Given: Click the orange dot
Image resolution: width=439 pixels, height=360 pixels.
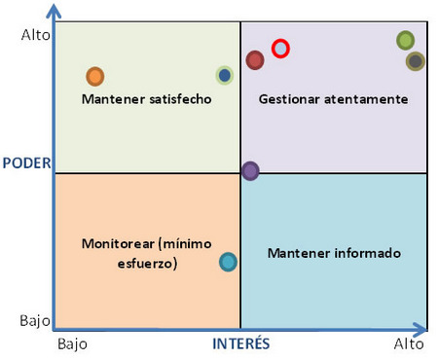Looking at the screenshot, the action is pyautogui.click(x=94, y=76).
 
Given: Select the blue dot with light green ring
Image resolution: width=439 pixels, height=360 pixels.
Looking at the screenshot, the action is pyautogui.click(x=225, y=75).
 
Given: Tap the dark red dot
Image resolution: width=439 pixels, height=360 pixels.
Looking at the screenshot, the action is pyautogui.click(x=255, y=60).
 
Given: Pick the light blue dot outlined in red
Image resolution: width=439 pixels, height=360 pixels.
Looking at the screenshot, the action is pyautogui.click(x=280, y=48).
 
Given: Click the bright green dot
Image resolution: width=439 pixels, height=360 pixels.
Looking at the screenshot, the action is pyautogui.click(x=406, y=40).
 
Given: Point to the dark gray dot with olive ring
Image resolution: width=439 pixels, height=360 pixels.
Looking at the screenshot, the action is pyautogui.click(x=416, y=61).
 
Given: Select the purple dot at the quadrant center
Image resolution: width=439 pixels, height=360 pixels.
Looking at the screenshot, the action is pyautogui.click(x=250, y=171).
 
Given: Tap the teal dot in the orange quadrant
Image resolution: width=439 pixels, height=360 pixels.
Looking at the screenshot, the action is pyautogui.click(x=228, y=261).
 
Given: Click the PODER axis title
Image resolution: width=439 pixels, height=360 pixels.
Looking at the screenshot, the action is pyautogui.click(x=24, y=162).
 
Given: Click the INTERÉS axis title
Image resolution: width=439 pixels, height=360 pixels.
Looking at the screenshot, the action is pyautogui.click(x=241, y=344).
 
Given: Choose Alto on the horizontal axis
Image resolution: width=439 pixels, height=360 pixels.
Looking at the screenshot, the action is pyautogui.click(x=409, y=344).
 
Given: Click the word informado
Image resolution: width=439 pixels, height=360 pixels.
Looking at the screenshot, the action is pyautogui.click(x=365, y=253).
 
